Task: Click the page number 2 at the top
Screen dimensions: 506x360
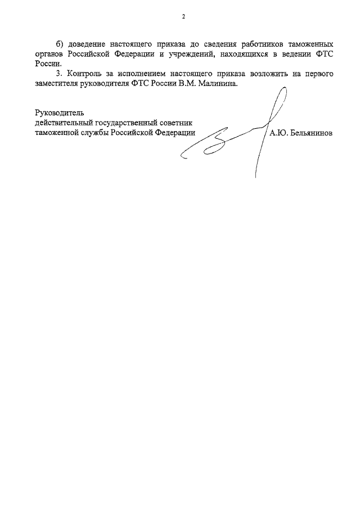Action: (x=183, y=16)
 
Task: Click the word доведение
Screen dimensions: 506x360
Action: (x=87, y=44)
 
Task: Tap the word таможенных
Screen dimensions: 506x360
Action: (x=304, y=44)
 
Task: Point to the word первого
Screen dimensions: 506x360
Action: (x=315, y=74)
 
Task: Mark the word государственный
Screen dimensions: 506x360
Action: (x=125, y=123)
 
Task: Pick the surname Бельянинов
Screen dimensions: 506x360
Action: (x=309, y=133)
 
